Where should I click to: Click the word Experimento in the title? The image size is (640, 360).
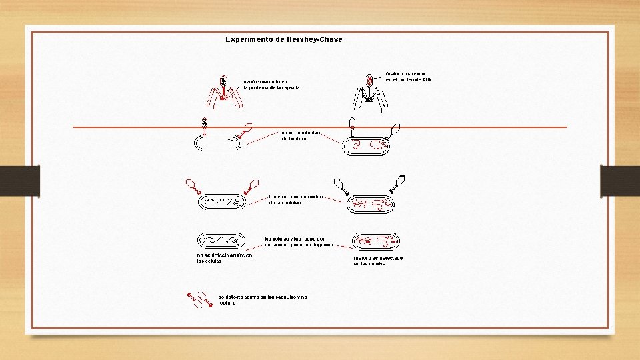point(251,39)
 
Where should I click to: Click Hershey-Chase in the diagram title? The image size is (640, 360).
point(313,39)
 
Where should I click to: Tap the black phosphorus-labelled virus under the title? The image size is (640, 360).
point(368,93)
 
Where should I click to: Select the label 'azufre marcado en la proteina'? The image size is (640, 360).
point(271,85)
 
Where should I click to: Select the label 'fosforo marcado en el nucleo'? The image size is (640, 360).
point(414,77)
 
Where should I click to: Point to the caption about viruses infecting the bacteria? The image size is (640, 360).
point(295,135)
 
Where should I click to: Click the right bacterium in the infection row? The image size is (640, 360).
point(367,146)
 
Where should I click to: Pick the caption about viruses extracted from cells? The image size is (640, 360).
point(295,200)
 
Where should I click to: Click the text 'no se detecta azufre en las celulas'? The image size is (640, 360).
point(225,258)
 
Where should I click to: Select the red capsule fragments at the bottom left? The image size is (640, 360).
point(199,299)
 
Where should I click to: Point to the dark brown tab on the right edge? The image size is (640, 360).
point(620,181)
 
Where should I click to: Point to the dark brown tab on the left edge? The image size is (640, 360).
point(20,181)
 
